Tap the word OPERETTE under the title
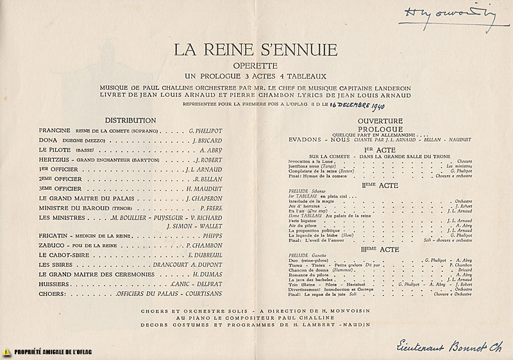(x=256, y=65)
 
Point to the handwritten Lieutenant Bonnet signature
(x=436, y=343)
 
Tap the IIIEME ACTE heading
(x=380, y=248)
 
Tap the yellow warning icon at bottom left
(x=6, y=352)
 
